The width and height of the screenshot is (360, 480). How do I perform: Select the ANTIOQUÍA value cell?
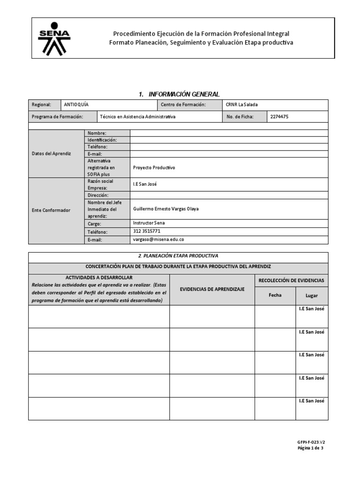[75, 105]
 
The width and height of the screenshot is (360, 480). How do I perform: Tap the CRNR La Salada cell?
[241, 105]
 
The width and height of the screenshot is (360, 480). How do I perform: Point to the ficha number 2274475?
[279, 117]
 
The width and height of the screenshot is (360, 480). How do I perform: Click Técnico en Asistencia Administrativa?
[138, 117]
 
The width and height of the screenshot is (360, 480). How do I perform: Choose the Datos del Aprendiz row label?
[52, 154]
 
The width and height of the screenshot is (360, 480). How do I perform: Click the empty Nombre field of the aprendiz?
[229, 134]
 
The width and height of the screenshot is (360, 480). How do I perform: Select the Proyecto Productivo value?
[154, 167]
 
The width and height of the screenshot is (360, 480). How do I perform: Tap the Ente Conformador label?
[51, 210]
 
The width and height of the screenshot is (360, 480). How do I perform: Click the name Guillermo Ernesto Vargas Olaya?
[166, 209]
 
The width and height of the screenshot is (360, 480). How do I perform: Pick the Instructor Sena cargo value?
[149, 223]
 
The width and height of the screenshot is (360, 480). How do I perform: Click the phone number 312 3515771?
[147, 231]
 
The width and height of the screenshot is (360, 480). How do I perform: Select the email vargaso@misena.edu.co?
[158, 239]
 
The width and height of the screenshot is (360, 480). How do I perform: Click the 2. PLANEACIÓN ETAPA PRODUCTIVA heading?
[179, 255]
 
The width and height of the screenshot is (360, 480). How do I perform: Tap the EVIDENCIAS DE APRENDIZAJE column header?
[212, 290]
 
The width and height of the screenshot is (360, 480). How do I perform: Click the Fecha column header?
[275, 295]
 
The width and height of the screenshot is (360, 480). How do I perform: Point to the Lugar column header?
[311, 295]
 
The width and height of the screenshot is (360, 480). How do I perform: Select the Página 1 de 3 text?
[310, 448]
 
